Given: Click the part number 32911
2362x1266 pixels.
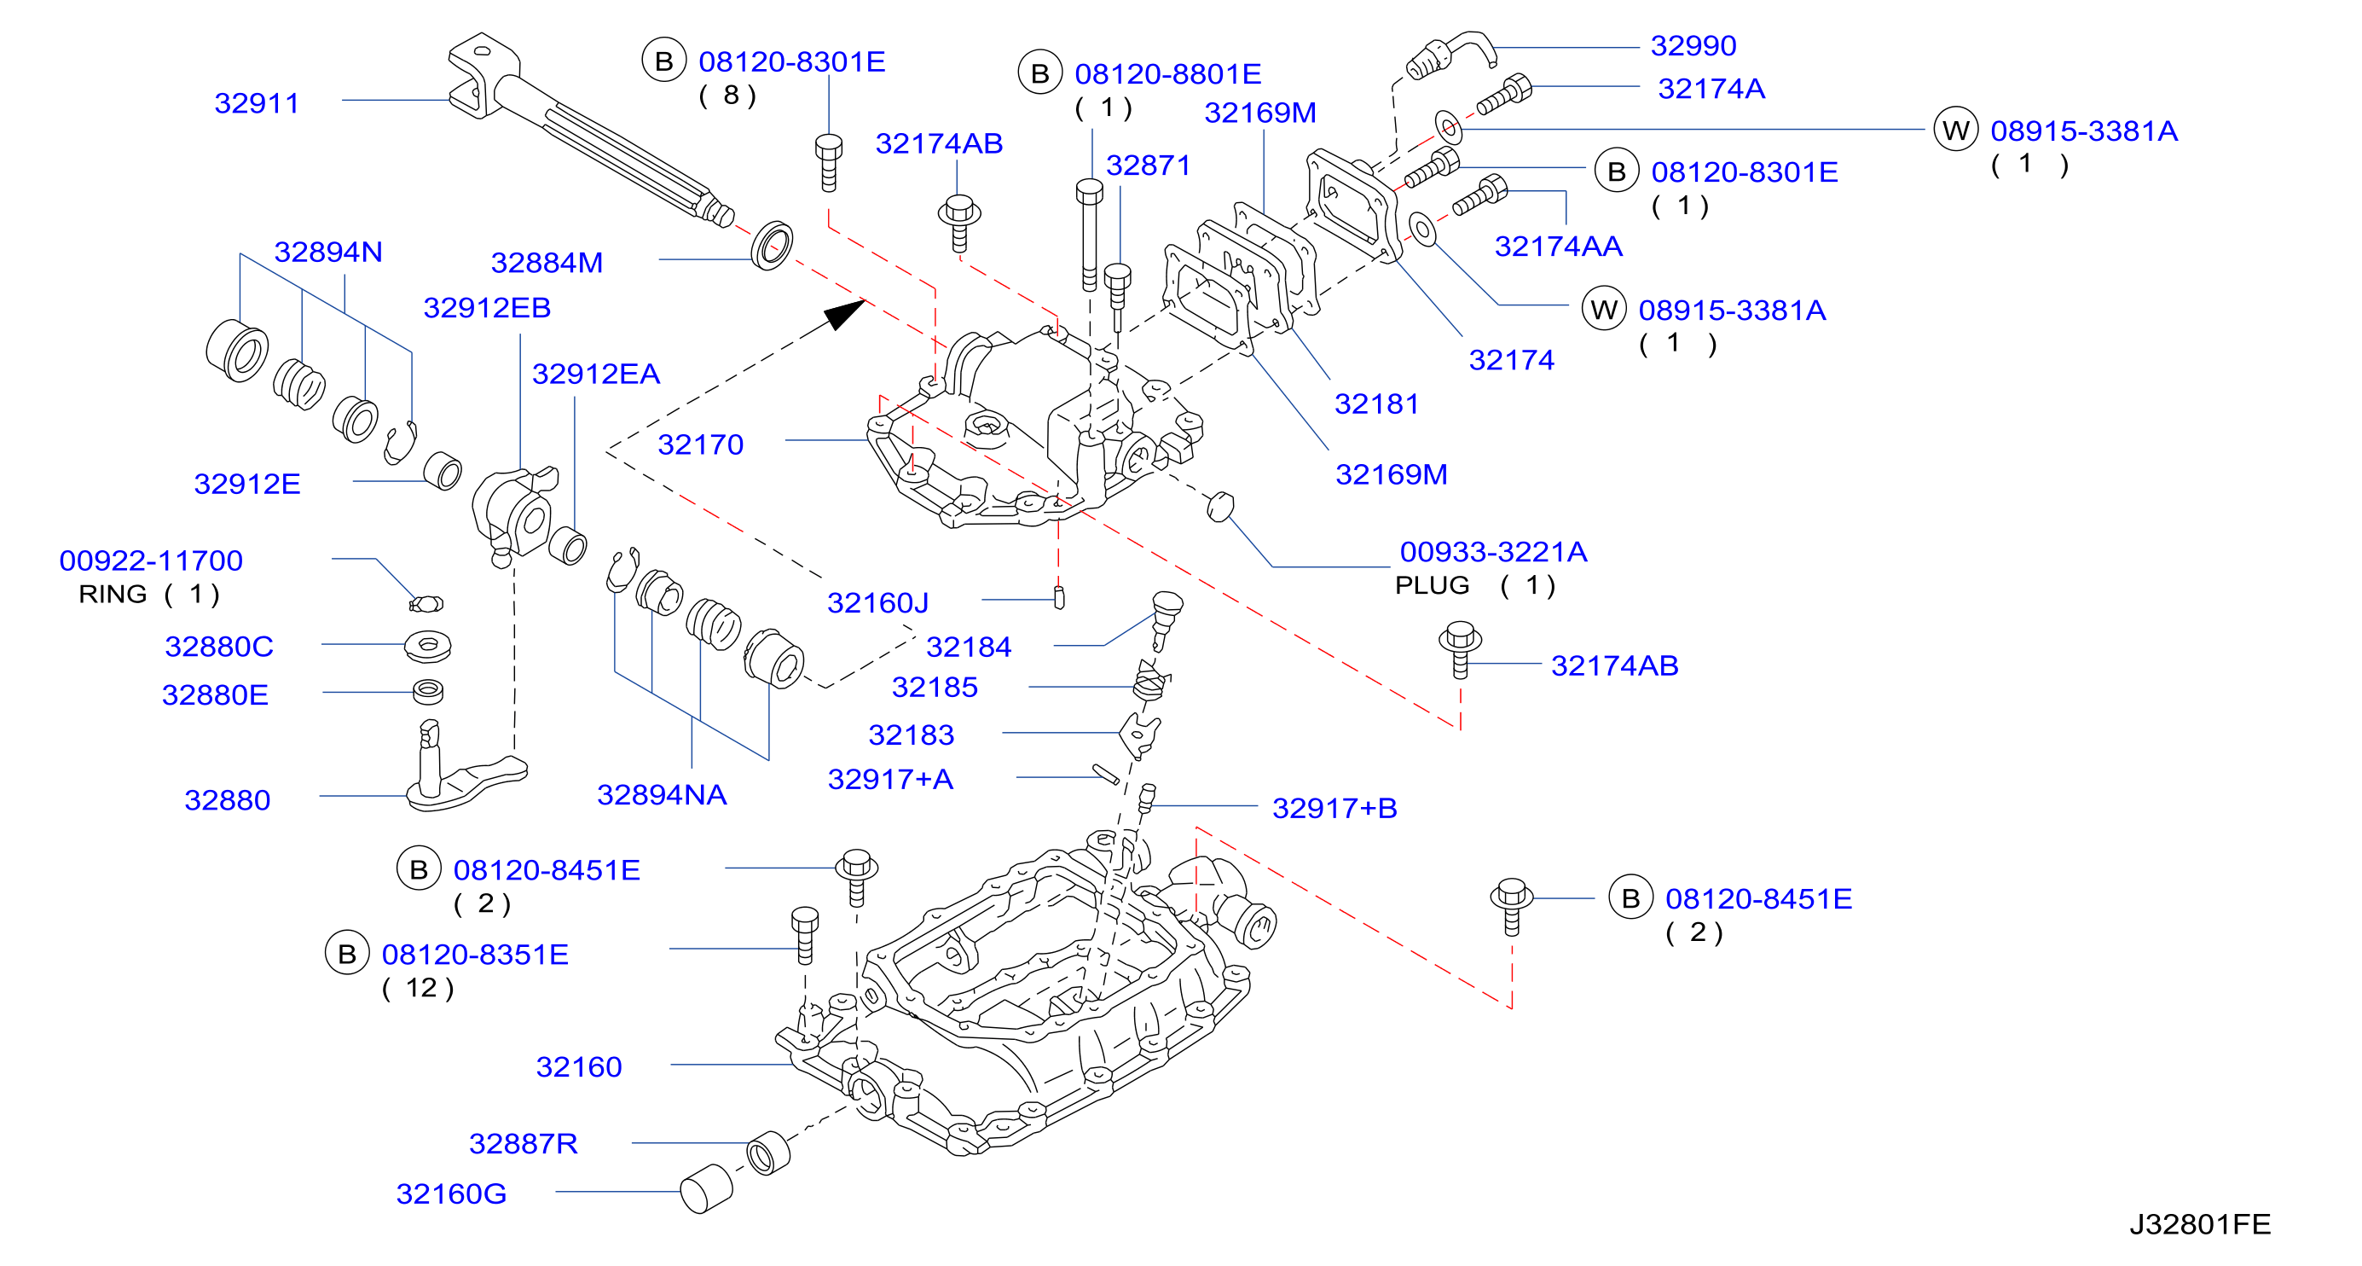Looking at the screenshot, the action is [x=257, y=102].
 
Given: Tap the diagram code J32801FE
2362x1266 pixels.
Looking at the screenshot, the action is [x=2200, y=1224].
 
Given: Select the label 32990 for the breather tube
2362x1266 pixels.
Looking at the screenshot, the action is [x=1693, y=45].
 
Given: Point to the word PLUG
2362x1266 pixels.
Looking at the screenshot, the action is [x=1432, y=585].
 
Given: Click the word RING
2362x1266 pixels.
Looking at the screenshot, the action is [x=113, y=595].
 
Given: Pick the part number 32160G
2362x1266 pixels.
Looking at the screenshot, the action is [x=450, y=1193].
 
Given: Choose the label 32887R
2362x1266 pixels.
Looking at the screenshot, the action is [x=523, y=1143].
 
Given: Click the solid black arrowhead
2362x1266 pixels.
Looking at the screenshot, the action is [x=843, y=314].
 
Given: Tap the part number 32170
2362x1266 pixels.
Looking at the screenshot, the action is [x=701, y=445].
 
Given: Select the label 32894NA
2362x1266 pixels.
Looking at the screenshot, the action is [x=661, y=794].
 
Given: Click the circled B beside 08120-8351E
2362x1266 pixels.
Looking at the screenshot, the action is [x=348, y=953].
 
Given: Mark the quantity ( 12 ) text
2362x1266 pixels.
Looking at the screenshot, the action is [x=417, y=988].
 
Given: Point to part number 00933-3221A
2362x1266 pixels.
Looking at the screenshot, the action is [x=1493, y=551].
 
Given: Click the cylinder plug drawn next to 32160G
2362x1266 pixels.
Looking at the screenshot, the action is [x=706, y=1189].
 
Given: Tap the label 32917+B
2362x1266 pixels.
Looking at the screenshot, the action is [x=1334, y=808].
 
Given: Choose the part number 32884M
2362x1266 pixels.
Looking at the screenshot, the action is [x=547, y=263].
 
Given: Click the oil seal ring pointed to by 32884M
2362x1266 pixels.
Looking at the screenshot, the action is [x=772, y=246].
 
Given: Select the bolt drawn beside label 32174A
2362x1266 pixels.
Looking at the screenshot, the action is [x=1505, y=95].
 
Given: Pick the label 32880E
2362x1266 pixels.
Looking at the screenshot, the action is [x=215, y=694].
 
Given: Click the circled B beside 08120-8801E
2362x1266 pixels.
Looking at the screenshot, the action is [x=1039, y=73].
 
